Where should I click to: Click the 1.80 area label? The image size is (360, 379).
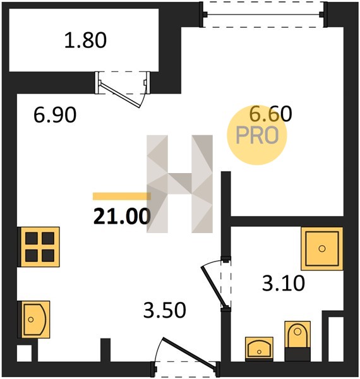[85, 40]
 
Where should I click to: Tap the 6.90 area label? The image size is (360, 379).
[55, 115]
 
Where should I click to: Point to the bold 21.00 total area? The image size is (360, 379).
[123, 216]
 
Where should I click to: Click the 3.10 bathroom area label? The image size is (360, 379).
[284, 283]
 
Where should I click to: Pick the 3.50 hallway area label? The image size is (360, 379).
[165, 310]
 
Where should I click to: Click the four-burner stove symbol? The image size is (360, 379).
[39, 247]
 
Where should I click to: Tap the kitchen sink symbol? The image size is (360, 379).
[34, 319]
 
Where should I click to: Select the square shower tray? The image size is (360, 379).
[322, 248]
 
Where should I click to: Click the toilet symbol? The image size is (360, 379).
[297, 341]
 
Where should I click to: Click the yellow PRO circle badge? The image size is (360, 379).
[257, 135]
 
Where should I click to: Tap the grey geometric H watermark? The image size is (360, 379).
[180, 184]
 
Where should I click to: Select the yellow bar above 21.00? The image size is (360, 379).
[122, 196]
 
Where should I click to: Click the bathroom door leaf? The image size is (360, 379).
[215, 287]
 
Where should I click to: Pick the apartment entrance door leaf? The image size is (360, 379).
[189, 351]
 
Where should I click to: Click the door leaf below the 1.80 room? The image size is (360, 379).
[119, 95]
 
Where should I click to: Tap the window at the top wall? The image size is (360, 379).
[263, 15]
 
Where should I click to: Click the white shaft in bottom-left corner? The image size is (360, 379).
[25, 353]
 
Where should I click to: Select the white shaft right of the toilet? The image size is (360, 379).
[336, 339]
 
